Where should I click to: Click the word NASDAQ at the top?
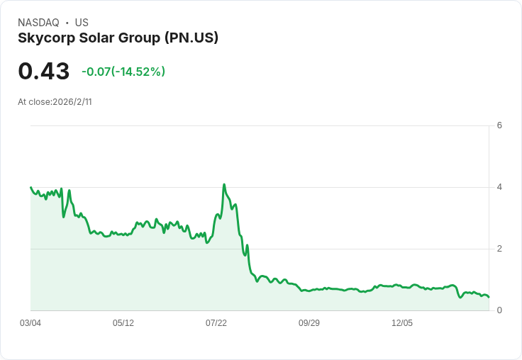click(38, 23)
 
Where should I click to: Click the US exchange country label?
click(82, 23)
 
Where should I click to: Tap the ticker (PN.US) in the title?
click(191, 38)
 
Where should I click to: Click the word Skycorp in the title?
click(47, 38)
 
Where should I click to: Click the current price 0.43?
click(43, 72)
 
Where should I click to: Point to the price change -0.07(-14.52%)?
click(123, 72)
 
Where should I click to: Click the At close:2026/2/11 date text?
click(55, 102)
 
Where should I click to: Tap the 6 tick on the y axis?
click(499, 125)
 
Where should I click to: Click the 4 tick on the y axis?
click(499, 187)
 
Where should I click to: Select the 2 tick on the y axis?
click(499, 249)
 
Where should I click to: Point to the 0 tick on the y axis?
click(499, 310)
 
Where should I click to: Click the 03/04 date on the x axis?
click(30, 323)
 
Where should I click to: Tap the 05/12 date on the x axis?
click(123, 323)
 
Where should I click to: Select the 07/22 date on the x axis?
click(216, 323)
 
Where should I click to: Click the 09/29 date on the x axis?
click(309, 323)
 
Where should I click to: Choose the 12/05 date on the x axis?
click(402, 323)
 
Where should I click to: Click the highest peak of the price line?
click(224, 184)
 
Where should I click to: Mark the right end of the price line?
click(489, 297)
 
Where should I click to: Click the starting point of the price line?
click(31, 187)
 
